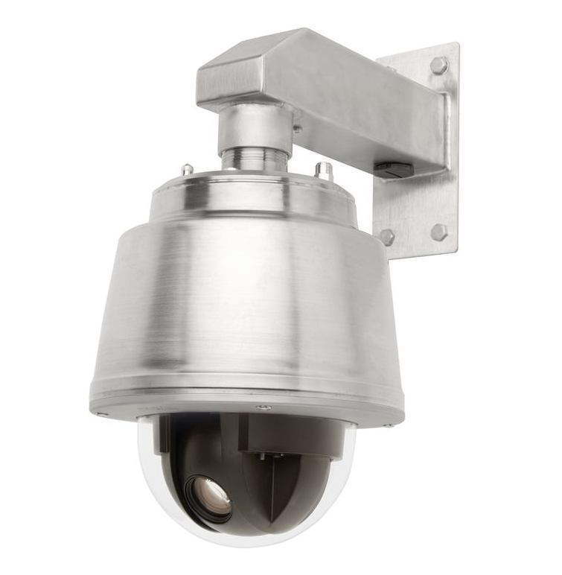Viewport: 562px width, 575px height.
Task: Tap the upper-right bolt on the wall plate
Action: coord(438,66)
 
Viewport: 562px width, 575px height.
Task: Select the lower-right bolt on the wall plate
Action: coord(439,232)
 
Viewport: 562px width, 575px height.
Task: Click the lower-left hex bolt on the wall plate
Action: coord(388,237)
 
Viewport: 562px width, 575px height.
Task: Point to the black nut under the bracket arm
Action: coord(393,170)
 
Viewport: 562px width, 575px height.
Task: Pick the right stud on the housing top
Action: coord(323,171)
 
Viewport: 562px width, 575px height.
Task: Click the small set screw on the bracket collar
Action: coord(297,129)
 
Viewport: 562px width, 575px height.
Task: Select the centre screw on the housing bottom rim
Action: coord(262,407)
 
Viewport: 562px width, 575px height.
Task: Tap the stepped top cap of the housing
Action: coord(253,195)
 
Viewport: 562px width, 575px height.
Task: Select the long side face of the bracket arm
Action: coord(372,119)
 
